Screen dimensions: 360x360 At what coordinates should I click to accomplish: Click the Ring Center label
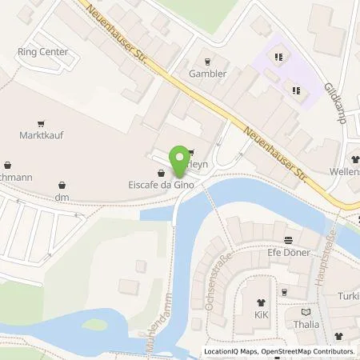(x=42, y=52)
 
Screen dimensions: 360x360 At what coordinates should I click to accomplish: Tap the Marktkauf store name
(x=41, y=135)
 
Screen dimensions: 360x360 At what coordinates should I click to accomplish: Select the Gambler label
(x=208, y=74)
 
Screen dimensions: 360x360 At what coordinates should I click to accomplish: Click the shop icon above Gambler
(x=208, y=61)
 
